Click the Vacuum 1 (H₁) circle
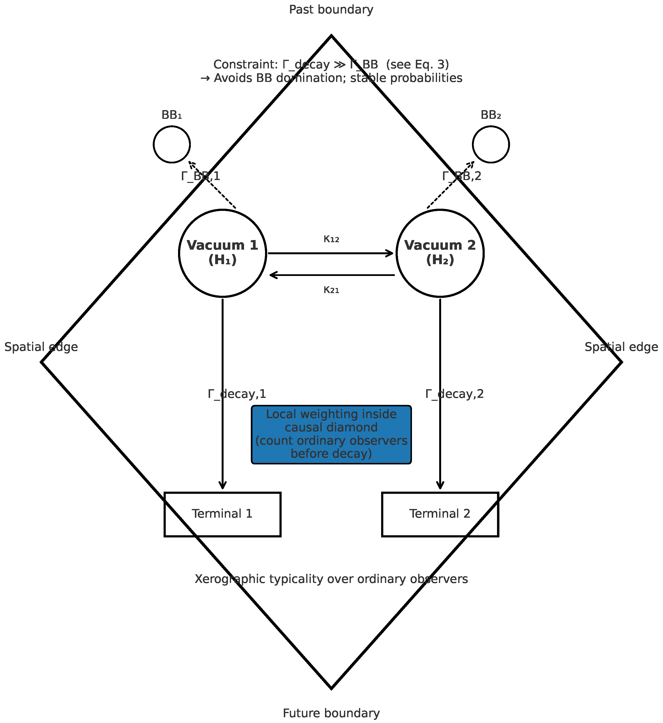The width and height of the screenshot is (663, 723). click(222, 253)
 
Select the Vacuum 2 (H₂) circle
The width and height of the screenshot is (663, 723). click(440, 253)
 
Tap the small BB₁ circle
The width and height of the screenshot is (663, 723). click(172, 144)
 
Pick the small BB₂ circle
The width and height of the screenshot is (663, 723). click(491, 144)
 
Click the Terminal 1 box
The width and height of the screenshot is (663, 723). click(222, 514)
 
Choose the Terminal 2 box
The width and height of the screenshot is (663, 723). click(440, 514)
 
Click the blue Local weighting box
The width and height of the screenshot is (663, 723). click(331, 435)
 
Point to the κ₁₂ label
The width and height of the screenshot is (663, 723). click(331, 239)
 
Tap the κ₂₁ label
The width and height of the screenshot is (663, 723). click(331, 290)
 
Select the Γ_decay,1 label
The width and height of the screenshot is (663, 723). click(237, 394)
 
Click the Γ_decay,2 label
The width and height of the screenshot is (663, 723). click(455, 394)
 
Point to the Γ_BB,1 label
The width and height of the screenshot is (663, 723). click(200, 176)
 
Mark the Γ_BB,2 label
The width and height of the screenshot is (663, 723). click(462, 176)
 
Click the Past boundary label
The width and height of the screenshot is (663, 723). click(331, 10)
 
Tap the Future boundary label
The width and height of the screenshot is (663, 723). click(331, 713)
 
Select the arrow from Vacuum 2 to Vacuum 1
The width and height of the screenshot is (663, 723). click(332, 275)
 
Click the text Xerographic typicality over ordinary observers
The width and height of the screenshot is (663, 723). click(331, 579)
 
